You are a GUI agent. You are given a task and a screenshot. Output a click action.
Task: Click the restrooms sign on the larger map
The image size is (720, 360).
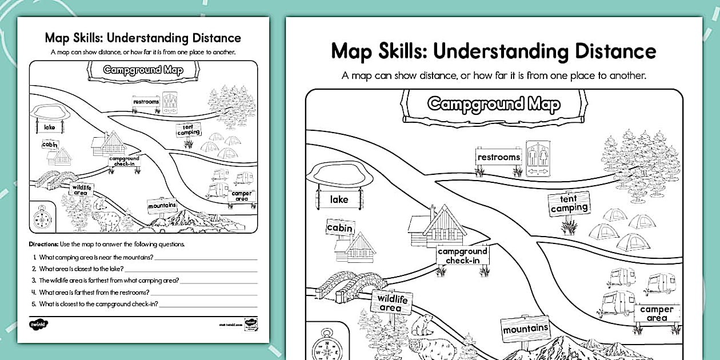(x=499, y=157)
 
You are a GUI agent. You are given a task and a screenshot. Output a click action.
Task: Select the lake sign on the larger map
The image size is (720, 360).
(x=339, y=200)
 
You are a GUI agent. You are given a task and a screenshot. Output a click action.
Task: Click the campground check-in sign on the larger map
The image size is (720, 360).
(x=463, y=255)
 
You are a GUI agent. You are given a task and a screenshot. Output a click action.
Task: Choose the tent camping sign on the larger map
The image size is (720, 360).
(x=569, y=203)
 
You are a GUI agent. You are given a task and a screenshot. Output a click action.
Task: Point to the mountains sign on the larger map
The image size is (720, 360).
(x=525, y=329)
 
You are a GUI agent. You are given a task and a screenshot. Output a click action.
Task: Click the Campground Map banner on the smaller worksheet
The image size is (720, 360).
(x=143, y=70)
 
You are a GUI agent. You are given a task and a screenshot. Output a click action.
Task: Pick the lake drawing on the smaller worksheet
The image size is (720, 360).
(x=50, y=112)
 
